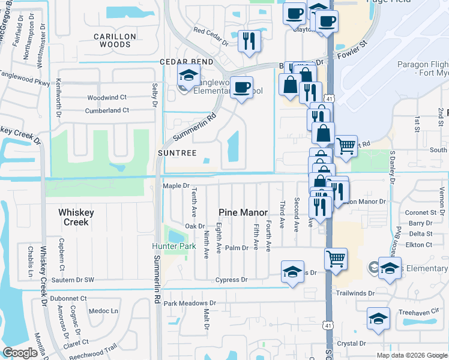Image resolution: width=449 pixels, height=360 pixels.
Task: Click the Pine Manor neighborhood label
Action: pyautogui.click(x=243, y=212)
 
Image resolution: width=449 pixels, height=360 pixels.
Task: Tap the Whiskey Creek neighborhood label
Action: pyautogui.click(x=73, y=217)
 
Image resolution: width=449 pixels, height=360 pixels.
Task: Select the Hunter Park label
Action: pyautogui.click(x=174, y=247)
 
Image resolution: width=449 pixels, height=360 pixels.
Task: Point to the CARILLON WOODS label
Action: pyautogui.click(x=115, y=40)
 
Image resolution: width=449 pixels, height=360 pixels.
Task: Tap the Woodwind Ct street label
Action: pyautogui.click(x=107, y=97)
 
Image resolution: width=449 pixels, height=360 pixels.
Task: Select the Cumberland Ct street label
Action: pyautogui.click(x=107, y=110)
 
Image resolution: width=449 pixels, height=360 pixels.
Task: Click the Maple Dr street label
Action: pyautogui.click(x=176, y=186)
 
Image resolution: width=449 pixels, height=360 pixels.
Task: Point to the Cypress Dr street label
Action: pyautogui.click(x=231, y=280)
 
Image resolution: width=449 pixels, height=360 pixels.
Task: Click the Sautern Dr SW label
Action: pyautogui.click(x=73, y=280)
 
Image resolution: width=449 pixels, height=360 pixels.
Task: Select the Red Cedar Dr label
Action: pyautogui.click(x=211, y=37)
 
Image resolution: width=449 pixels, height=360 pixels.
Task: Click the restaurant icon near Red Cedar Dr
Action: pyautogui.click(x=249, y=41)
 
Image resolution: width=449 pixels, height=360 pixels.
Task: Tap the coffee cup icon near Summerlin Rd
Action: pyautogui.click(x=241, y=88)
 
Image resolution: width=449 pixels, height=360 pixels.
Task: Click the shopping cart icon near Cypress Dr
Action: pyautogui.click(x=336, y=259)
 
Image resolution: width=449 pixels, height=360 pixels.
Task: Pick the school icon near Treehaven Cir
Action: pyautogui.click(x=378, y=319)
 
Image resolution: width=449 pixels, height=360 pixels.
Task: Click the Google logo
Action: pyautogui.click(x=20, y=353)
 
